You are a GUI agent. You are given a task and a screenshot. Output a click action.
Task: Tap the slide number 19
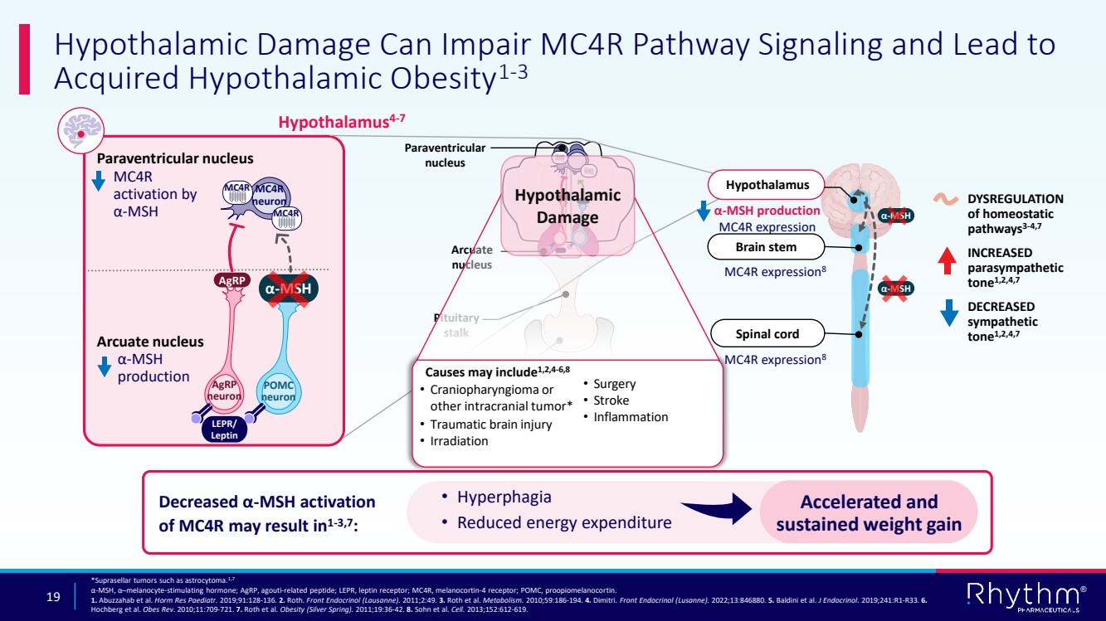click(54, 596)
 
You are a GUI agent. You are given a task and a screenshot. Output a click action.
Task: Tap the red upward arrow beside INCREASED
click(948, 260)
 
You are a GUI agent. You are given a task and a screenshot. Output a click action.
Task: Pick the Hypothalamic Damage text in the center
click(568, 206)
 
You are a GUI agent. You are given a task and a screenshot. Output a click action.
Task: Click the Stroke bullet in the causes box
click(611, 400)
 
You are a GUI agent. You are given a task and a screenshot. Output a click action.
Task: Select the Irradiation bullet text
click(459, 441)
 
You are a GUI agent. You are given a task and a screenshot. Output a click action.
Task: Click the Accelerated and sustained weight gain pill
click(869, 512)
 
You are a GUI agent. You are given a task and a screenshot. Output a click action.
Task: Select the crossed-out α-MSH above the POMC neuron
click(290, 289)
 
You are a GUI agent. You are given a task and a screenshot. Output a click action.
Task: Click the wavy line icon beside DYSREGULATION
click(948, 199)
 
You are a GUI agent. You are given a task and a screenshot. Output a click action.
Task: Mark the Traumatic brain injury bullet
click(490, 425)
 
